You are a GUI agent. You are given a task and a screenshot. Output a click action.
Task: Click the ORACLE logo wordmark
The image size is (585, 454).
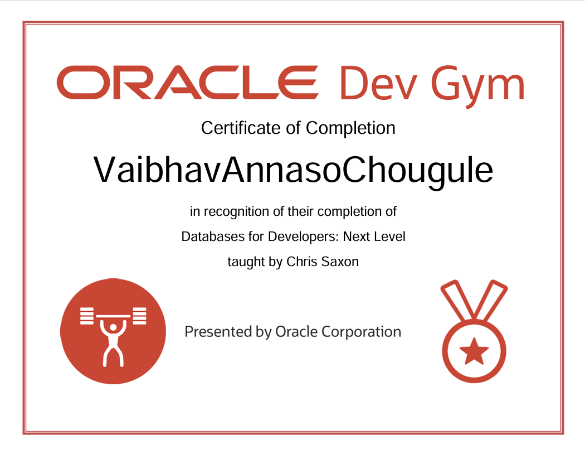187,83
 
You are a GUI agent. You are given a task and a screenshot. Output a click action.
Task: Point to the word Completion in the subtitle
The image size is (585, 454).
351,129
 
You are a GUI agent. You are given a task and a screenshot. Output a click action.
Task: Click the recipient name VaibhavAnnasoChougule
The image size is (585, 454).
293,170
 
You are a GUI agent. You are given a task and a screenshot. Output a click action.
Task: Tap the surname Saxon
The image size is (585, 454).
340,261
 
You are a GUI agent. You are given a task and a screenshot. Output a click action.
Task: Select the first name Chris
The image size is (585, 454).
301,261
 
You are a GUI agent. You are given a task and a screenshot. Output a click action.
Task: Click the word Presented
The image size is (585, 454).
218,332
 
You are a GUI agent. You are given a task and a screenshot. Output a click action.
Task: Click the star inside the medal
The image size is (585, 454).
474,351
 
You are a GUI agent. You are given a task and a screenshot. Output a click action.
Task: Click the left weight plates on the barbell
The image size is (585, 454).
87,316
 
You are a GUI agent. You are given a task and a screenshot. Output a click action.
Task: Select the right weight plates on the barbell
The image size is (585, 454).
139,316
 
